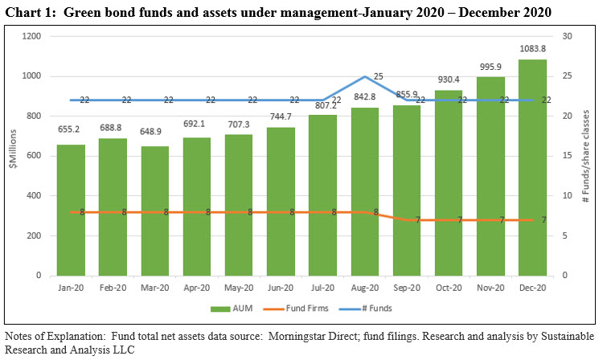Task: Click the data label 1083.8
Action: (x=532, y=50)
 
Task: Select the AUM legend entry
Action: (x=228, y=307)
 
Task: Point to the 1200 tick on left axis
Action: (x=32, y=36)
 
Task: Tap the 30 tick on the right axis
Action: (x=566, y=36)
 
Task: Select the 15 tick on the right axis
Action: (x=566, y=156)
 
